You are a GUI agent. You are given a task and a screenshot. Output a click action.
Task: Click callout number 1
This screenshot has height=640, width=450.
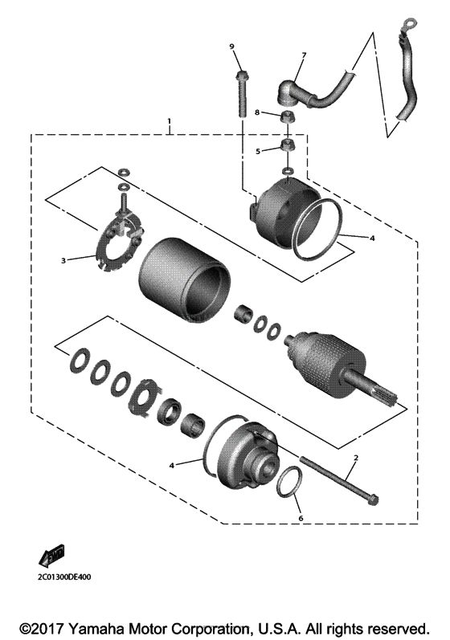pyautogui.click(x=170, y=122)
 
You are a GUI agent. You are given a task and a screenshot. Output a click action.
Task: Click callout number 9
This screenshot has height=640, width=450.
pyautogui.click(x=232, y=47)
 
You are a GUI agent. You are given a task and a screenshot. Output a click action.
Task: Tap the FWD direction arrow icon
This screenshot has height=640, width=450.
pyautogui.click(x=50, y=555)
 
